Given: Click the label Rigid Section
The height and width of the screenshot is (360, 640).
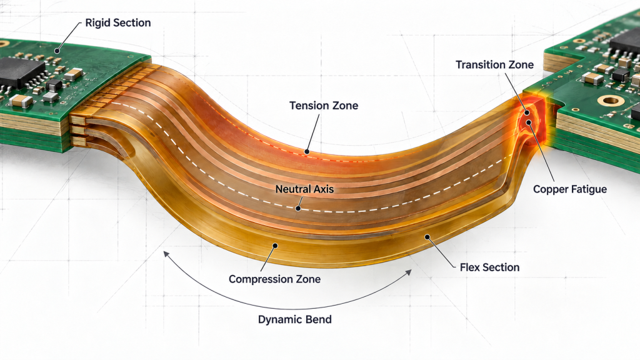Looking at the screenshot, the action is (118, 23).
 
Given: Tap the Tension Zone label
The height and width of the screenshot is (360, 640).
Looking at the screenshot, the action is (324, 106).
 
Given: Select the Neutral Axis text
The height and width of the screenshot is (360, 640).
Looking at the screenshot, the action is (304, 189).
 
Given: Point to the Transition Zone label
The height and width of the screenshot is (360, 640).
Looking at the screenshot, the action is (495, 65).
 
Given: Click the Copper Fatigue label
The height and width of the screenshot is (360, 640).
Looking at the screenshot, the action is (570, 189).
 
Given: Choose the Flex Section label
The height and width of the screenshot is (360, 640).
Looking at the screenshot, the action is (490, 267).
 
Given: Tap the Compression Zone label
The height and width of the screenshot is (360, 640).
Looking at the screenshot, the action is (275, 279).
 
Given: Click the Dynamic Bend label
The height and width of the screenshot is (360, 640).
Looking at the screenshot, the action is (295, 319).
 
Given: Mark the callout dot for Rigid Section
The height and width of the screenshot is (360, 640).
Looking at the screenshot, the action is (57, 51).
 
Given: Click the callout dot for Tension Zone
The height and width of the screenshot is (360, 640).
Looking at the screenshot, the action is (306, 152).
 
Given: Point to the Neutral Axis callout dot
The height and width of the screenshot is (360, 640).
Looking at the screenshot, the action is (298, 208).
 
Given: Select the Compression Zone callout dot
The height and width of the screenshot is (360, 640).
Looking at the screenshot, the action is (275, 246).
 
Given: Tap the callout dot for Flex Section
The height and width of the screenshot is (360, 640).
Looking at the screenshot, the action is (427, 237).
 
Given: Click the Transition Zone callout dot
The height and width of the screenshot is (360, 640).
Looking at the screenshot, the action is (527, 112).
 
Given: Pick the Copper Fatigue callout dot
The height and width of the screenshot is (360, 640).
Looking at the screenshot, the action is (529, 122).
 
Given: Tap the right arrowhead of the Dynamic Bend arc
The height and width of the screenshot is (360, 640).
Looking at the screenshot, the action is (409, 272).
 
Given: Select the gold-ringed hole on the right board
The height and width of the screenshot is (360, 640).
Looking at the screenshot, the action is (610, 100).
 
